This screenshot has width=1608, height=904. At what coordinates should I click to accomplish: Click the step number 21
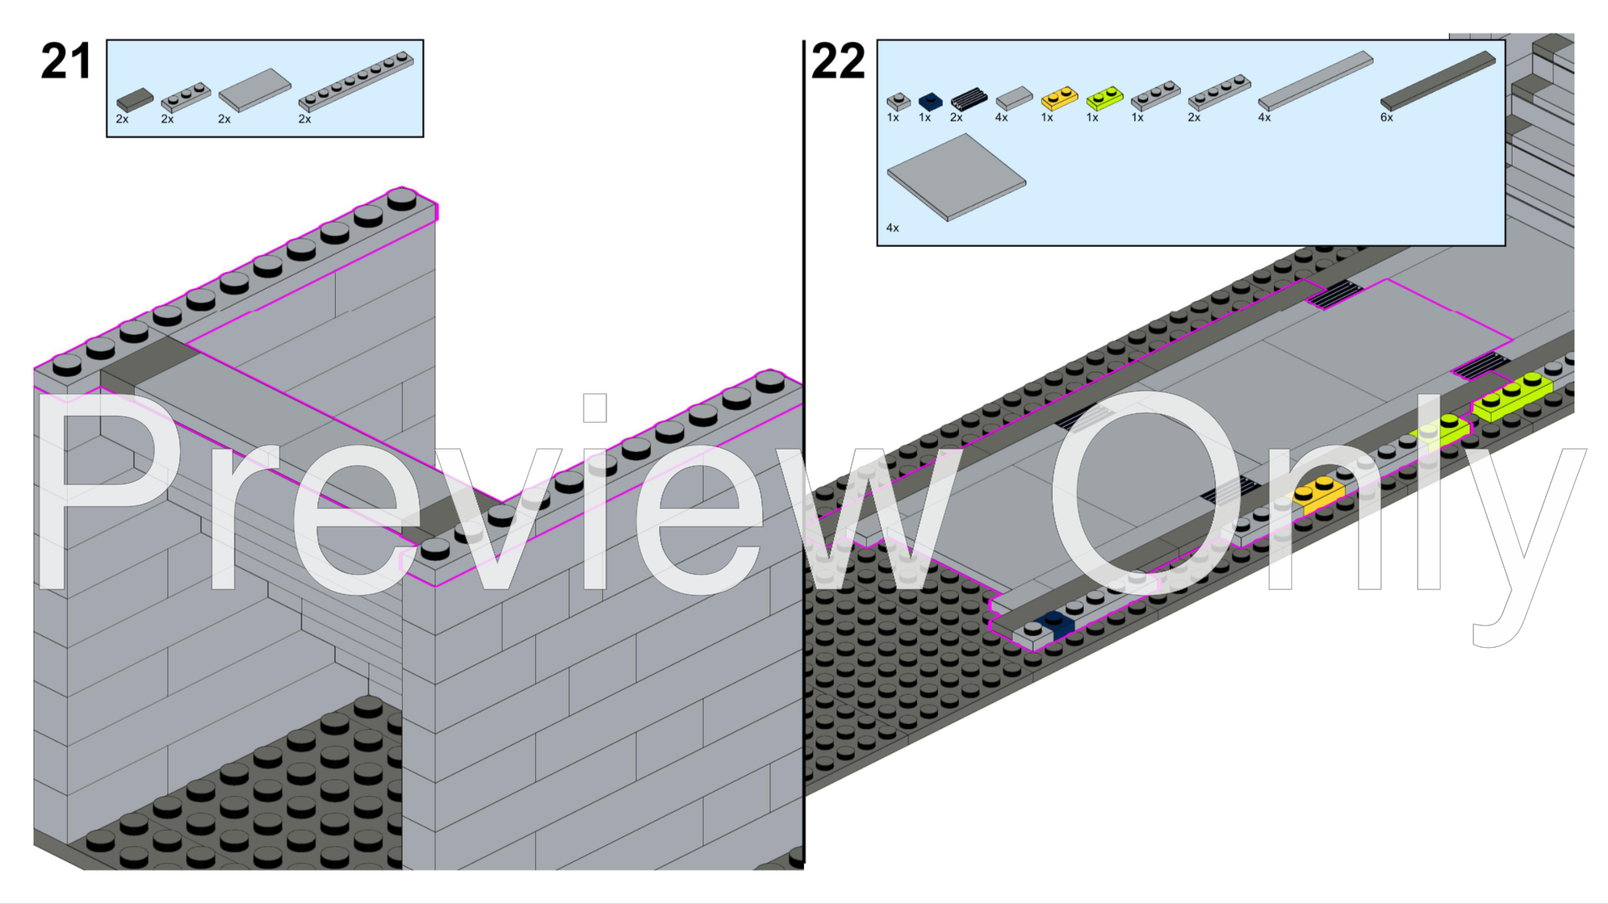coord(65,62)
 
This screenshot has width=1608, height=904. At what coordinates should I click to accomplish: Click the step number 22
coord(837,62)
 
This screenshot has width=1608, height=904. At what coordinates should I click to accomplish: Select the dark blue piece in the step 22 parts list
coord(930,101)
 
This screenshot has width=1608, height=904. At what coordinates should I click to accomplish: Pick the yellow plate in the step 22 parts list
coord(1059,98)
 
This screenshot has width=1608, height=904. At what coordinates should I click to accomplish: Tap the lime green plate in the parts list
coord(1104,98)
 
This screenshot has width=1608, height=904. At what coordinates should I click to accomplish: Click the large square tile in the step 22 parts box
coord(956,177)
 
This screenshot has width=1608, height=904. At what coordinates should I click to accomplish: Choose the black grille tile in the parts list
coord(968,99)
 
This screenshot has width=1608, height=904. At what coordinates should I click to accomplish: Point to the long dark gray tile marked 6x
coord(1437,80)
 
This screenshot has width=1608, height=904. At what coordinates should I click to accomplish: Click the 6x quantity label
coord(1386,118)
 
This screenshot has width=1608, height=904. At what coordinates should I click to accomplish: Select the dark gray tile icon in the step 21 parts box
coord(135,100)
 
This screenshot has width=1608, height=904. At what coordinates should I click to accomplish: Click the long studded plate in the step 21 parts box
coord(355,82)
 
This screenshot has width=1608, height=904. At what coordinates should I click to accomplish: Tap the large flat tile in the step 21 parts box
coord(255,90)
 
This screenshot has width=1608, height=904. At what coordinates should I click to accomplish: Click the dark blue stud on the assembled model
coord(1054,620)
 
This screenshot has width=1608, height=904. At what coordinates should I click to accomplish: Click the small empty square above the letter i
coord(595,408)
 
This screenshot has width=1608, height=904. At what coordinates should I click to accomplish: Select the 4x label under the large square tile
coord(892,228)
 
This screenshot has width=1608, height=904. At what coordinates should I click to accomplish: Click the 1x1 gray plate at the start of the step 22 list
coord(898,101)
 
